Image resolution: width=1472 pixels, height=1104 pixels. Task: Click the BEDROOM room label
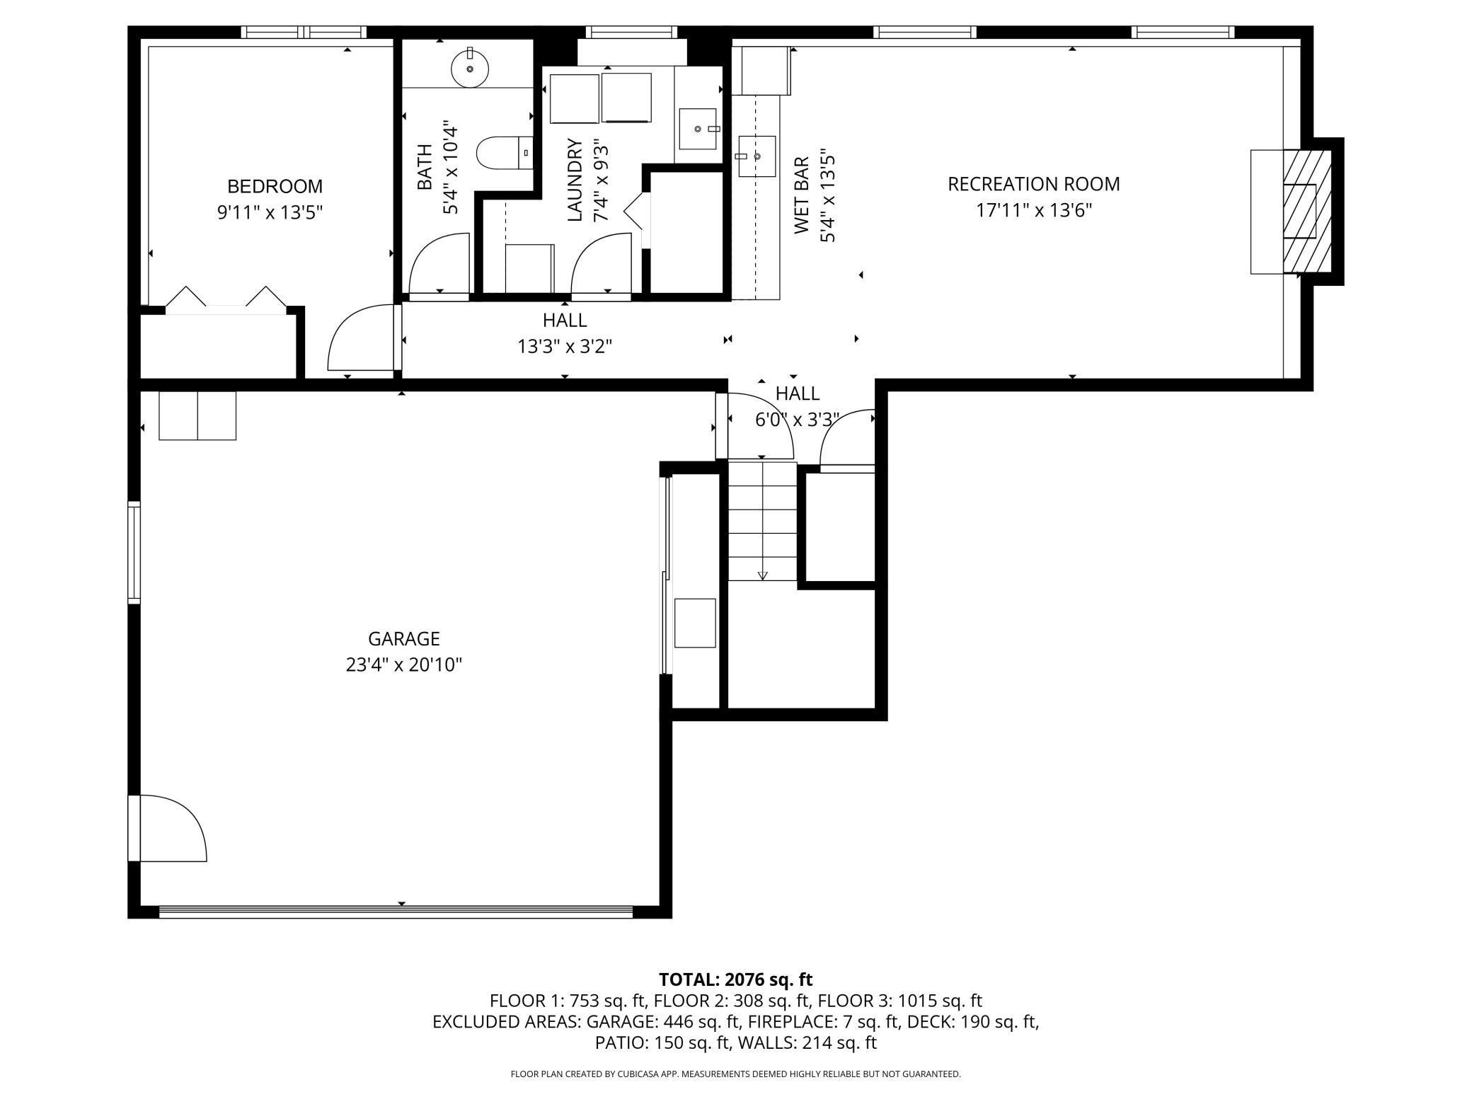[275, 186]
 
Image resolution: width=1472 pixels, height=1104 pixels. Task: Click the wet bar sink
[757, 156]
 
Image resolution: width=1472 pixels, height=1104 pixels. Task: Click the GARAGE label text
[403, 639]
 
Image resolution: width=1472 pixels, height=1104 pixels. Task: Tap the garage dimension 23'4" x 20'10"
[403, 665]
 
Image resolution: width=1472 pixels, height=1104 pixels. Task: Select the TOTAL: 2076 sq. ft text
[735, 979]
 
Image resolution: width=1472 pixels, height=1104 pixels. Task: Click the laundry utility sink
[698, 129]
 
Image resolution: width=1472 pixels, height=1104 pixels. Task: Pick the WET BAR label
[802, 196]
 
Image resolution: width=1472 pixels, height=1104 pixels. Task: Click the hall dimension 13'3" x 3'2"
[564, 347]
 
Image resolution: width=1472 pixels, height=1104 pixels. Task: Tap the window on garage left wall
[134, 552]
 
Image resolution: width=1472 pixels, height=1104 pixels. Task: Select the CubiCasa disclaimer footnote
[735, 1074]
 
